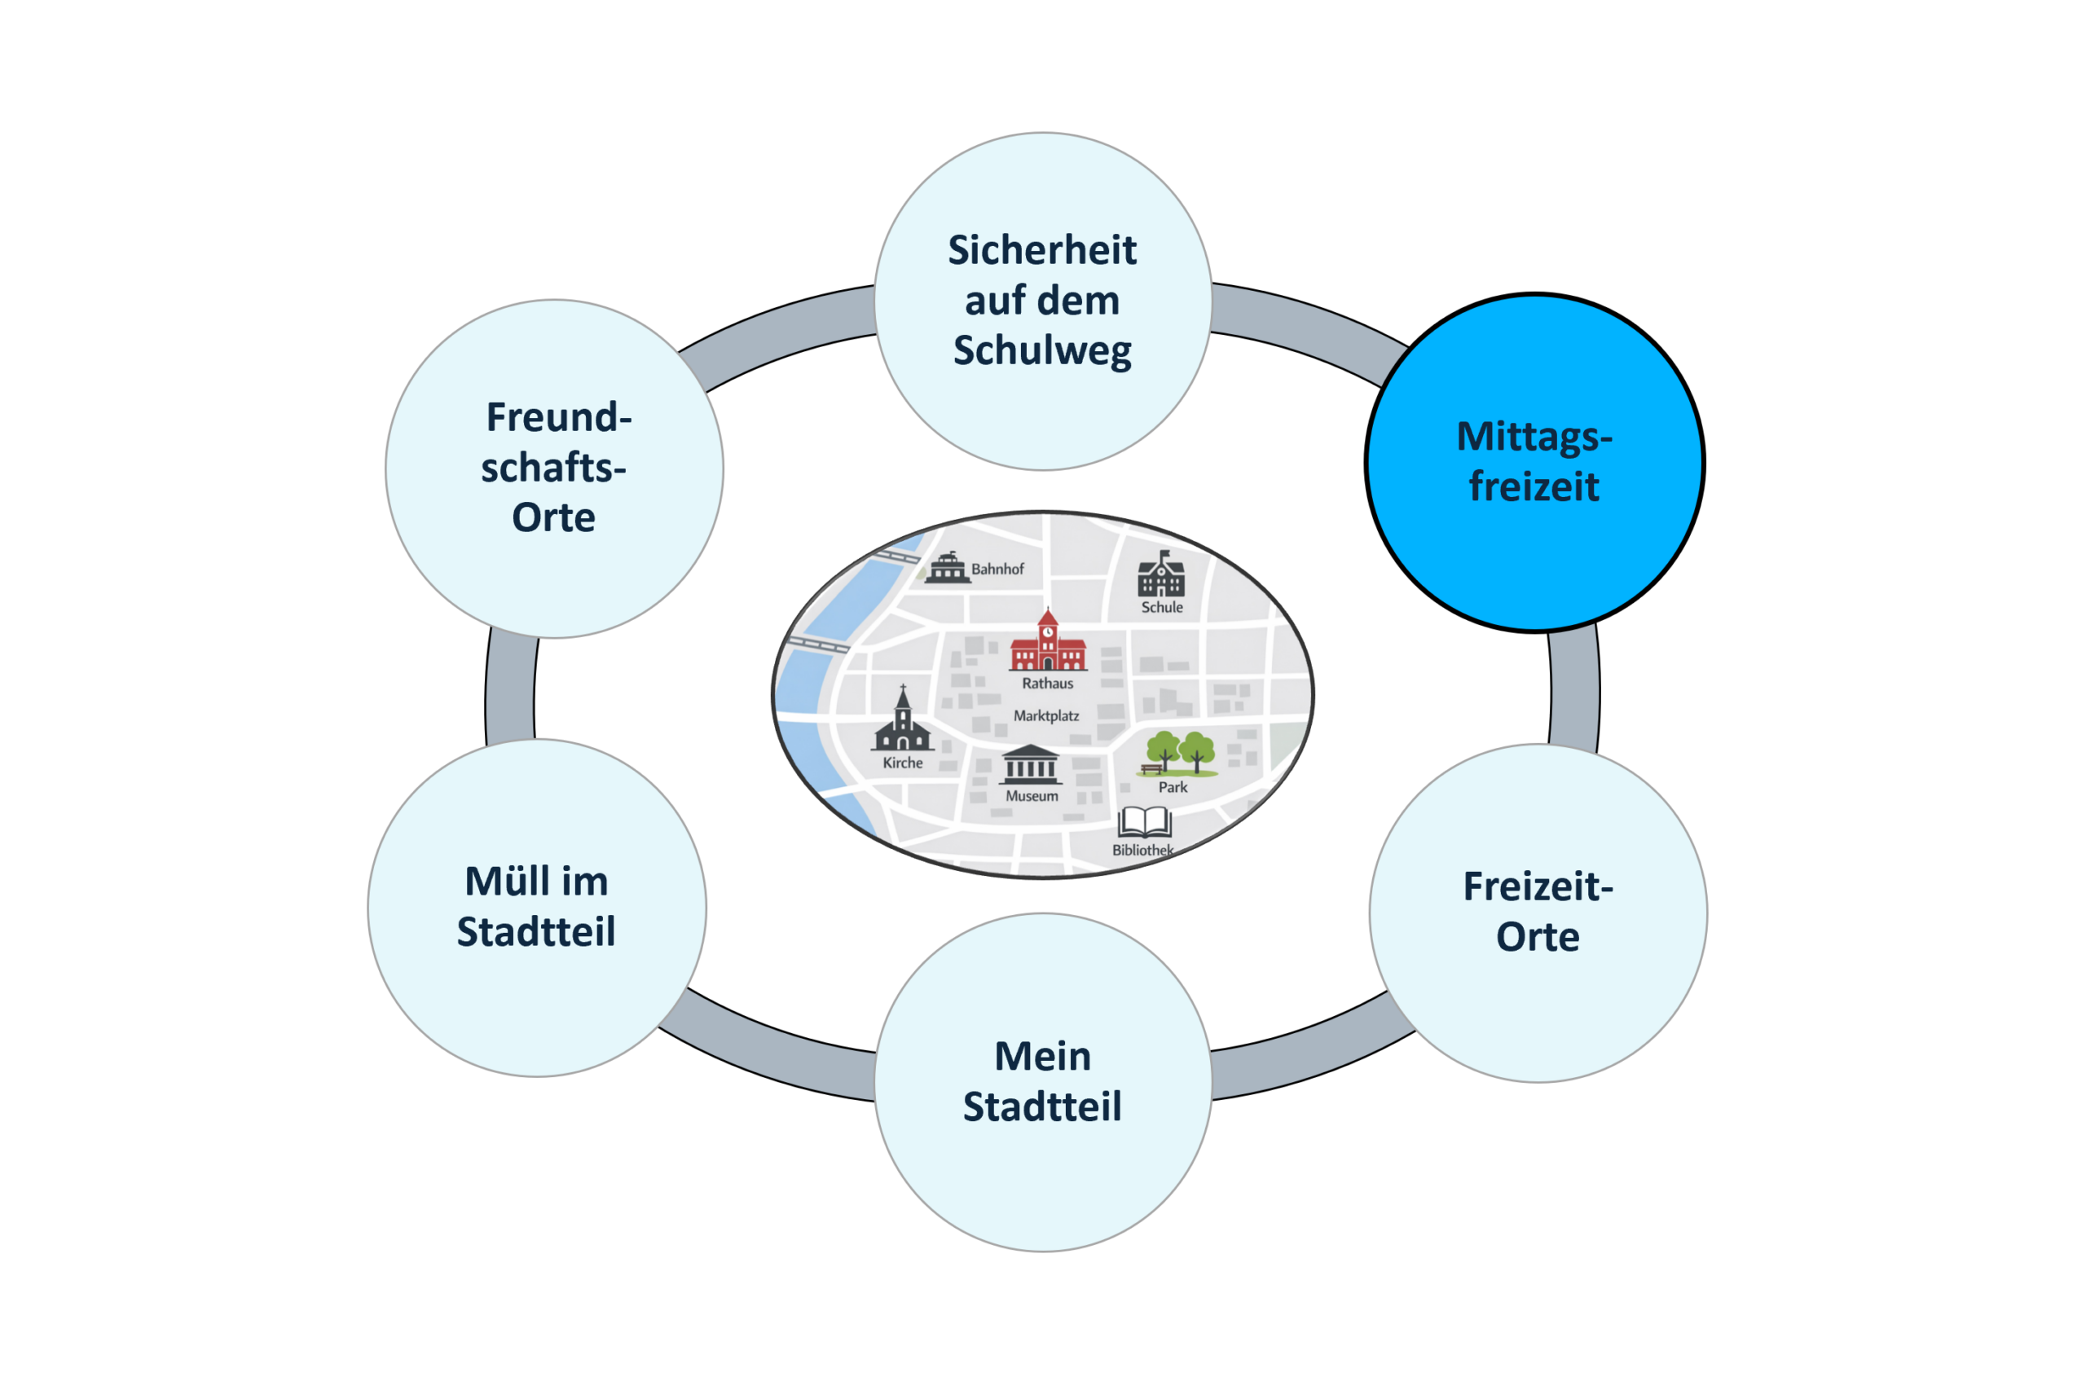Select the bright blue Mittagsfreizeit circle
click(x=1534, y=462)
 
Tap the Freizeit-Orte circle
click(x=1538, y=913)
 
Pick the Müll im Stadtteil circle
click(x=536, y=908)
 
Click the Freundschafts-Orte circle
click(x=554, y=468)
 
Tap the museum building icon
click(x=1030, y=765)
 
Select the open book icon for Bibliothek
click(x=1145, y=822)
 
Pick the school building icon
click(x=1160, y=574)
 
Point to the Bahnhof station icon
click(x=947, y=567)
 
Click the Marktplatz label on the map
click(x=1046, y=715)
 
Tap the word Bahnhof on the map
click(x=997, y=570)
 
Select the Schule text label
click(x=1161, y=607)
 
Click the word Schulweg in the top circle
click(x=1042, y=351)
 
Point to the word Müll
click(x=503, y=881)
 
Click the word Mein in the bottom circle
click(x=1042, y=1056)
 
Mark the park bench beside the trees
click(x=1151, y=768)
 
